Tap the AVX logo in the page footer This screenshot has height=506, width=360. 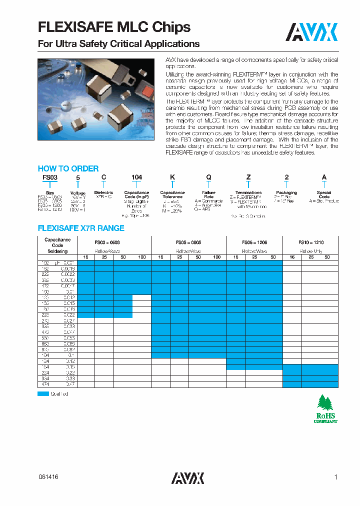pyautogui.click(x=187, y=478)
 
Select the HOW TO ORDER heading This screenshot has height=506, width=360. pyautogui.click(x=68, y=168)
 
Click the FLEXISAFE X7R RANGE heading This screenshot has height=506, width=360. pyautogui.click(x=81, y=228)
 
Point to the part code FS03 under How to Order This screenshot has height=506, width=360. pyautogui.click(x=46, y=177)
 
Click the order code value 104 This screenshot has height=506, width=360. pyautogui.click(x=136, y=177)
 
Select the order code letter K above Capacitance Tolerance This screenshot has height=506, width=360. pyautogui.click(x=172, y=177)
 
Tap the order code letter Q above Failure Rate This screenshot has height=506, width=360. pyautogui.click(x=208, y=177)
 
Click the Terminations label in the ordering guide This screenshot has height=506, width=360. pyautogui.click(x=248, y=192)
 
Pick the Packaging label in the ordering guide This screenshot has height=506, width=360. pyautogui.click(x=286, y=192)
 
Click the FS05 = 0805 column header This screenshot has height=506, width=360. pyautogui.click(x=188, y=242)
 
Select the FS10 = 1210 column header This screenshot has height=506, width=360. pyautogui.click(x=310, y=242)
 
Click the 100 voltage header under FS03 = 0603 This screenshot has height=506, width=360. pyautogui.click(x=141, y=256)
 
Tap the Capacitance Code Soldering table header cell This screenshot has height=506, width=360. pyautogui.click(x=58, y=244)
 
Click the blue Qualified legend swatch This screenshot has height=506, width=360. pyautogui.click(x=43, y=394)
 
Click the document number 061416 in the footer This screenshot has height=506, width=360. pyautogui.click(x=48, y=477)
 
